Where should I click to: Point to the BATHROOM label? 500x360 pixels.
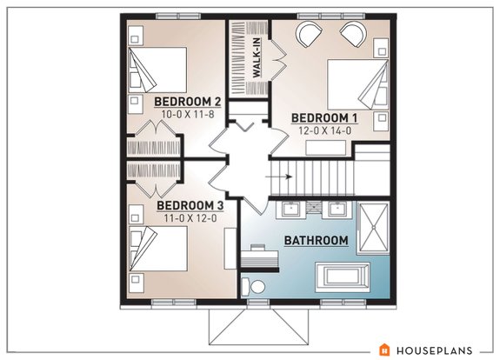click(317, 240)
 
